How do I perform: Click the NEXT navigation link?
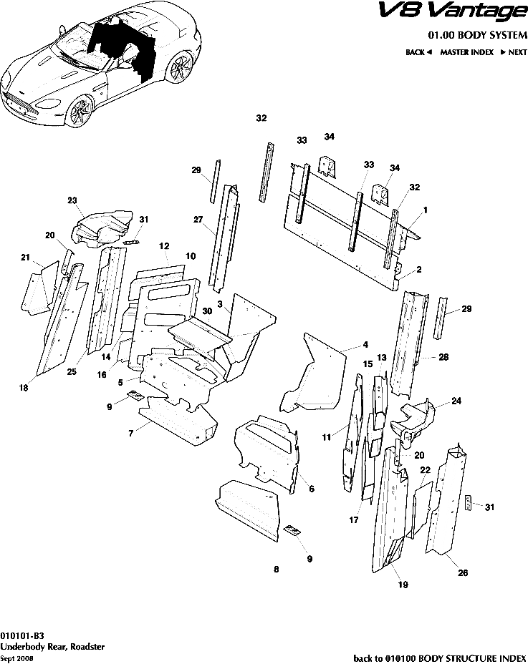(x=514, y=52)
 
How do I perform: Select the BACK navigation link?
(x=418, y=52)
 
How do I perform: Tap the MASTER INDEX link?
(x=466, y=52)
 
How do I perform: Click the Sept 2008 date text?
(x=16, y=658)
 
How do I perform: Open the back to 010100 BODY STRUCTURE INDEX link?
(x=440, y=657)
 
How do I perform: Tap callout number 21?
(x=25, y=258)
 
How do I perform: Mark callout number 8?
(x=276, y=570)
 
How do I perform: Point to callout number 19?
(x=403, y=585)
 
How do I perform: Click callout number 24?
(x=456, y=401)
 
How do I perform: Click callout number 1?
(x=426, y=210)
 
